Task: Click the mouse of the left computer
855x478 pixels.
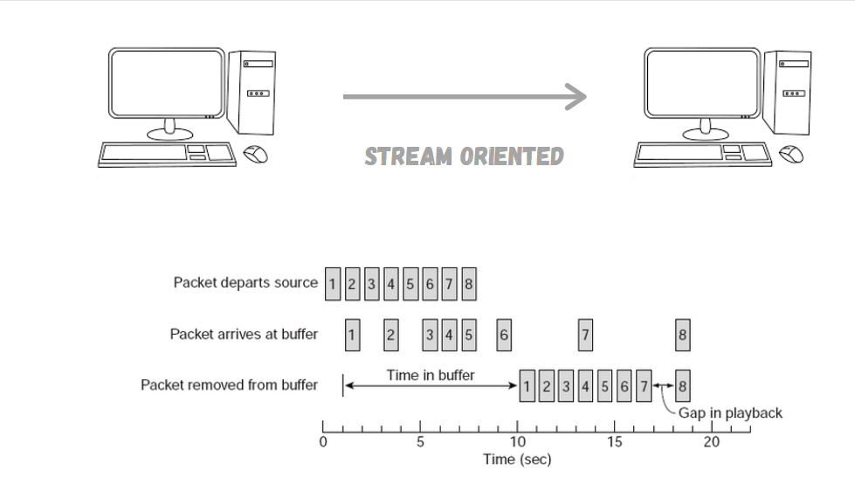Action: coord(255,155)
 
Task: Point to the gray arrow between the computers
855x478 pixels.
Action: coord(464,97)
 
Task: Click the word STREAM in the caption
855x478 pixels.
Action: coord(408,157)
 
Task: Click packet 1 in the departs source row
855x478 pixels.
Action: coord(333,284)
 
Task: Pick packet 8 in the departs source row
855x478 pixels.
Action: coord(469,284)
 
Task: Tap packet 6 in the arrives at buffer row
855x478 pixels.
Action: coord(504,335)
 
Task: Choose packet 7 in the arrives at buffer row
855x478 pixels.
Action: coord(585,335)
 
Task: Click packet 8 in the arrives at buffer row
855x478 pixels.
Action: coord(682,335)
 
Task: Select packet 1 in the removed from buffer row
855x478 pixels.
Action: coord(527,386)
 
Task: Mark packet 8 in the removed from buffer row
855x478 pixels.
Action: coord(682,386)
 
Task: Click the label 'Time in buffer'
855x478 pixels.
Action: coord(431,376)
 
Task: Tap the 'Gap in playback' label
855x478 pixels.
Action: coord(730,412)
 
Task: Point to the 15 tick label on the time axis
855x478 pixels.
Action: coord(615,442)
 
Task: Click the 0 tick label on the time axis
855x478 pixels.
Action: coord(323,442)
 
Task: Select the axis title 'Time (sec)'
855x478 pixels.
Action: coord(517,460)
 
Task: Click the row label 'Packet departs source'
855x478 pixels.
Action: coord(245,282)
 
